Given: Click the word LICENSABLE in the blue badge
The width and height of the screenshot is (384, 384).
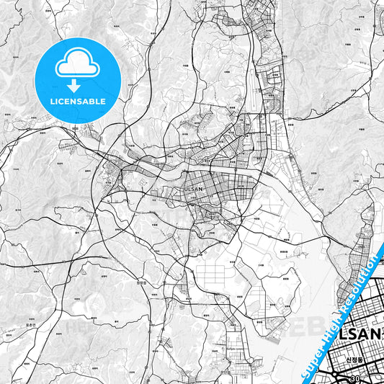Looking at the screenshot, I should (x=77, y=102).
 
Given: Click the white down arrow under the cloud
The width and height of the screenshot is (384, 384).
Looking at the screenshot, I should (x=77, y=85).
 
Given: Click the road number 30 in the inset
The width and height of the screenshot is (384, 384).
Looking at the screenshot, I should (x=354, y=378).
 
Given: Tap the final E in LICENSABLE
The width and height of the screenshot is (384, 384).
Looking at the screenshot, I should (x=104, y=102).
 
